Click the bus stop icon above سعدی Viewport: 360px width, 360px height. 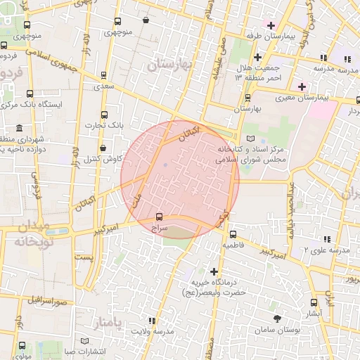pos(104,75)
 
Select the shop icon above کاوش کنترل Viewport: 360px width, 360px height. pos(103,148)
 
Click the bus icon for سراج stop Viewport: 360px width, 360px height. pos(158,217)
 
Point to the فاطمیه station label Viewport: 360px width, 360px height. pos(233,247)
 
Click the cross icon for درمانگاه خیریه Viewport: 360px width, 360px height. pos(214,271)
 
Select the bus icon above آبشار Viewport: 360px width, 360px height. pos(314,303)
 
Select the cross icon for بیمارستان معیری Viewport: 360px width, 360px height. pos(302,86)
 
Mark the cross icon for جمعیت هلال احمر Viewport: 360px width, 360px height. pos(258,57)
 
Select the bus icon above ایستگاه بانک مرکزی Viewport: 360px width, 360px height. pos(29,93)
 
